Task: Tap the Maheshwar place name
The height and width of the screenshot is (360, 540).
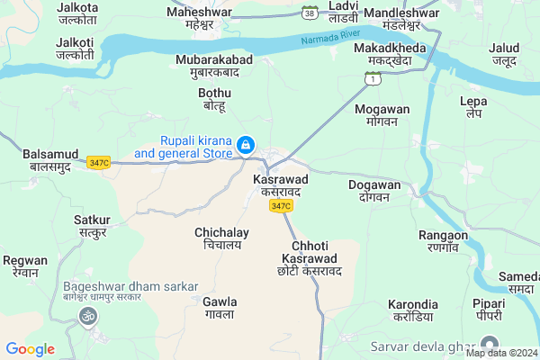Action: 199,18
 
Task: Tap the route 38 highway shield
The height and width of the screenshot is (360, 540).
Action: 310,13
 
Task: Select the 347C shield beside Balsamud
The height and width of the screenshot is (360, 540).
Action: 99,162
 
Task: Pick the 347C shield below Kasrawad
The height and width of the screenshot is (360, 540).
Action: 280,206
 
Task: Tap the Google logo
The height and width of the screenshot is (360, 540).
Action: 30,349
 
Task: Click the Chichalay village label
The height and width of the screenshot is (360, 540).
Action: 221,238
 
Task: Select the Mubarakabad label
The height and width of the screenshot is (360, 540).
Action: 214,66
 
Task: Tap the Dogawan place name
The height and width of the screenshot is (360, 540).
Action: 373,190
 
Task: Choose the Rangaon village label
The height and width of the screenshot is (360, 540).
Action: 444,240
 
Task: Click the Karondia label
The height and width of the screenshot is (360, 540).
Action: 413,310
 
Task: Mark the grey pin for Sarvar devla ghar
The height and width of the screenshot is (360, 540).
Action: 490,343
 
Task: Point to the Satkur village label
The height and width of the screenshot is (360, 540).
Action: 92,226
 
